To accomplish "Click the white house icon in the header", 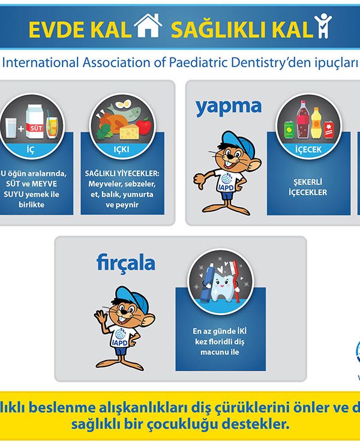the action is [x=148, y=25].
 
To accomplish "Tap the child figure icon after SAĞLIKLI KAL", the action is [x=323, y=26].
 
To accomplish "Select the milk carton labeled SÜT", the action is [x=35, y=122].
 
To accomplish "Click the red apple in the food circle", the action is [x=144, y=126].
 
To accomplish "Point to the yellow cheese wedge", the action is [x=130, y=132].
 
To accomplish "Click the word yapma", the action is [x=229, y=107].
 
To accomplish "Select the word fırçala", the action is [x=126, y=263].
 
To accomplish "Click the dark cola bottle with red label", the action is [x=303, y=120].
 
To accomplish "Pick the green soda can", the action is [x=289, y=130].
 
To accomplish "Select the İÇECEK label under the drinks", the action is [x=308, y=149].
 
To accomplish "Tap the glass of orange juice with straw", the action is [x=52, y=126].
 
